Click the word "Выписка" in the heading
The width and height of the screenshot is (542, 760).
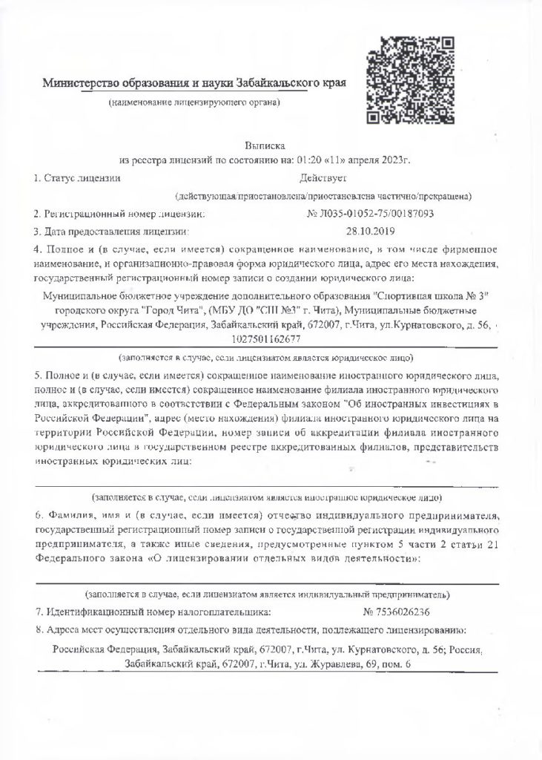264,145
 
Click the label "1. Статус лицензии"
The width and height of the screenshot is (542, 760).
77,178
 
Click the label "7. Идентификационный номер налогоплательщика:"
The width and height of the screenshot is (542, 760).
153,612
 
